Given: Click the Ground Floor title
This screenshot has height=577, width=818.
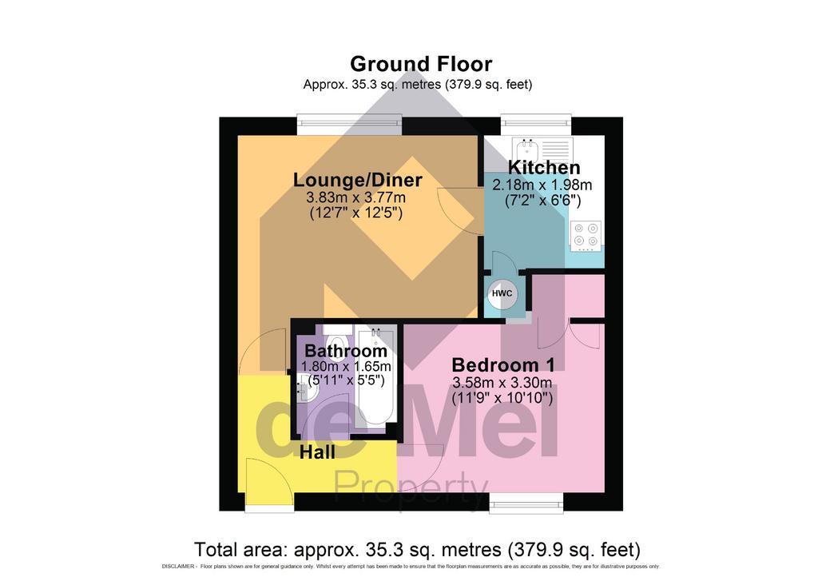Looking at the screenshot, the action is [x=421, y=64].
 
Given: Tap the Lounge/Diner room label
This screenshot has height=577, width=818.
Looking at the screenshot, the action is [x=357, y=180].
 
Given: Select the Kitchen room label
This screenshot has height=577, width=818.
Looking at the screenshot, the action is [x=543, y=168].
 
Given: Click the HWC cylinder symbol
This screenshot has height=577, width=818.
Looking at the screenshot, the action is [x=502, y=293].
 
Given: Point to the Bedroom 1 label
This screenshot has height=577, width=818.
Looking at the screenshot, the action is [x=503, y=364].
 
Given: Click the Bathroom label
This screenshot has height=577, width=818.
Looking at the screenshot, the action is [x=346, y=351].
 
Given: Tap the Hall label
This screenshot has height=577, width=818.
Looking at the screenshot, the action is [x=317, y=452].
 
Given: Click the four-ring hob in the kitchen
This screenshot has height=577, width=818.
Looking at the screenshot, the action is [x=586, y=234].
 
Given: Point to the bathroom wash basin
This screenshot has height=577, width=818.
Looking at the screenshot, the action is [x=307, y=388].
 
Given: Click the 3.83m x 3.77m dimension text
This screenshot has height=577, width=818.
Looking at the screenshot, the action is [x=355, y=197].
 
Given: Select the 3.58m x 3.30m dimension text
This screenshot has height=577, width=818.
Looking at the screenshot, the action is [x=502, y=383].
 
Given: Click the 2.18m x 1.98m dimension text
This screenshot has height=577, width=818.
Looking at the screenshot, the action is [x=542, y=185].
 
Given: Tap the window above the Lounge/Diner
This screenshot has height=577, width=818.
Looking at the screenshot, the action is [x=350, y=124].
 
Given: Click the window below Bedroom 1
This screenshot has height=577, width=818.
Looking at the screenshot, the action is [x=526, y=503].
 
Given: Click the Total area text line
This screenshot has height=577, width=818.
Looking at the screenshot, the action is [x=417, y=549].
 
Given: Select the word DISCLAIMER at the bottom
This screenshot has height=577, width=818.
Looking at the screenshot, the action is [x=178, y=567].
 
